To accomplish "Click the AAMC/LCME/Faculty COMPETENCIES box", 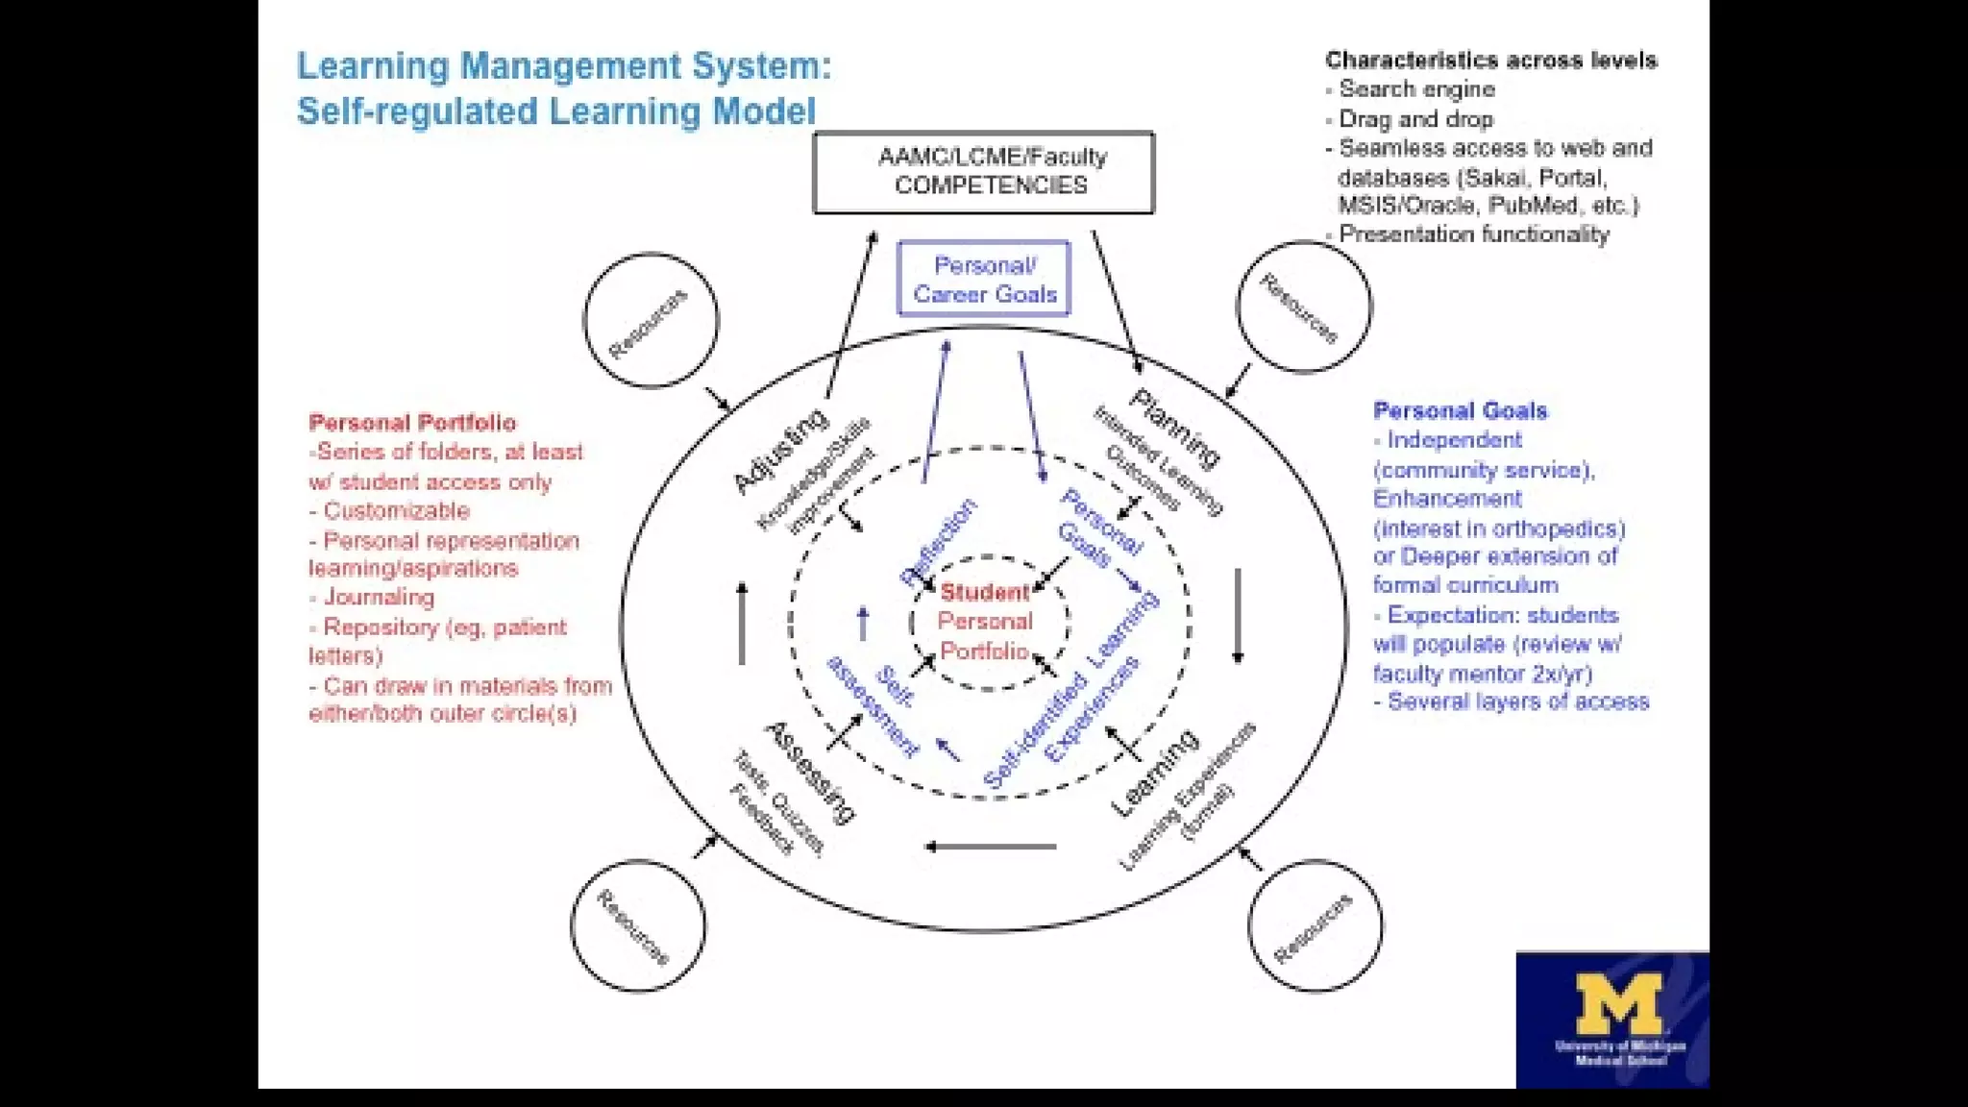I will tap(983, 172).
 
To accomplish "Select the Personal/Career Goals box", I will tap(983, 279).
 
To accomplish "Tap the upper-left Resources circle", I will tap(651, 320).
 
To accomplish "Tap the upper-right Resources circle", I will tap(1303, 307).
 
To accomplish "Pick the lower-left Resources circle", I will tap(637, 925).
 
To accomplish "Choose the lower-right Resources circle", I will tap(1315, 925).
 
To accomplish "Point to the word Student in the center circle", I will tap(985, 592).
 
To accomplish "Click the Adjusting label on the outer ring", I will tap(779, 450).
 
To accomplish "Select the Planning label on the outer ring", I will tap(1175, 428).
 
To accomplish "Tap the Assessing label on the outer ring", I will tap(809, 772).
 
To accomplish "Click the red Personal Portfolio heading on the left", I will tap(412, 423).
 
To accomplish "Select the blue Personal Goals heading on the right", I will tap(1460, 411).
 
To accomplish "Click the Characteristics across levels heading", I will tap(1490, 61).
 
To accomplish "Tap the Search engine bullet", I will tap(1416, 89).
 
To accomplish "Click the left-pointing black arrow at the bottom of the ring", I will tap(990, 847).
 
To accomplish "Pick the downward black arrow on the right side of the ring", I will tap(1238, 616).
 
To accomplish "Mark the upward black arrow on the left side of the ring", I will tap(742, 623).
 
